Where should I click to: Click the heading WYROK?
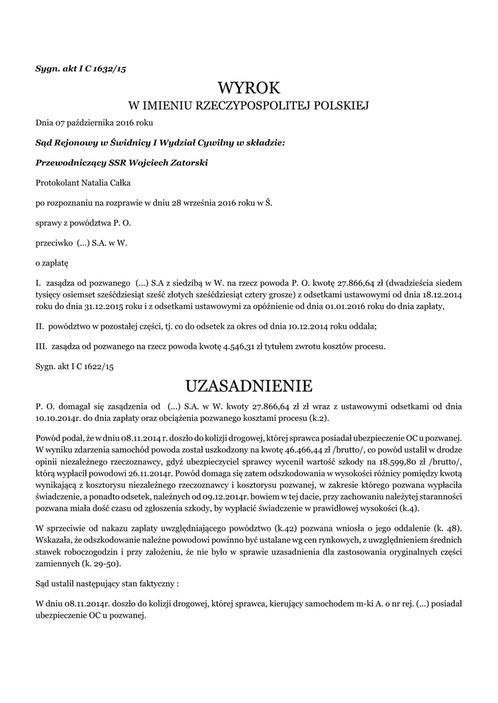249,87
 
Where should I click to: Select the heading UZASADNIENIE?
249,383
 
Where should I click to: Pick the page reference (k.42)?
264,527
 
